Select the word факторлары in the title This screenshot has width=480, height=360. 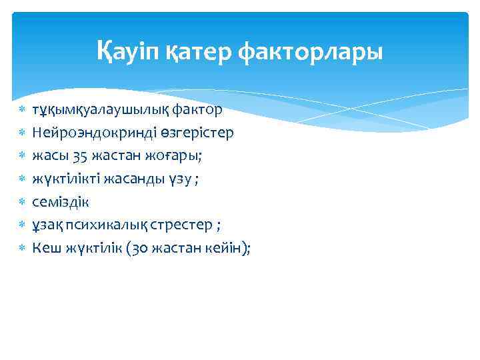coord(311,51)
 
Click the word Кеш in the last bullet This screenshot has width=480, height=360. coord(45,247)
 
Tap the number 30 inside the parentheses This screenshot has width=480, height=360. coord(132,247)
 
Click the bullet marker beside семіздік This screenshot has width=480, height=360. coord(21,201)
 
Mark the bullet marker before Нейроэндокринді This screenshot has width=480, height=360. coord(21,132)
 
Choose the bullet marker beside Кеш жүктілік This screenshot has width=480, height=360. coord(21,247)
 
